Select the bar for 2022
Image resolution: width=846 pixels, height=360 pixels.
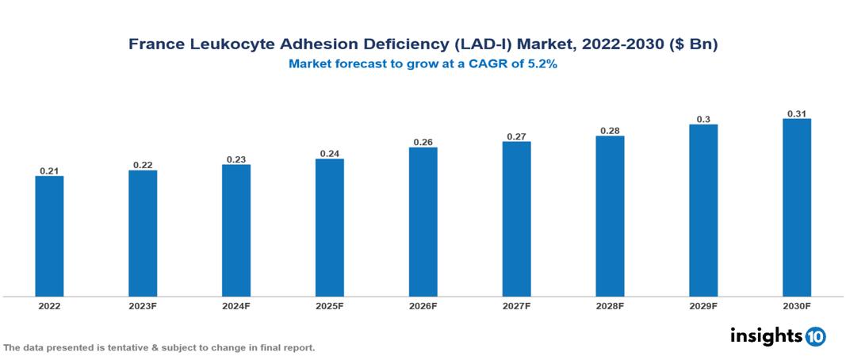point(49,236)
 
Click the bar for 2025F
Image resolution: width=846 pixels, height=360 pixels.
point(329,228)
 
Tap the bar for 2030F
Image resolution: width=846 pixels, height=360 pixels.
point(797,208)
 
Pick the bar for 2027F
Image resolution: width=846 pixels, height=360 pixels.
point(516,219)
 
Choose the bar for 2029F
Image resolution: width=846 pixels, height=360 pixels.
point(703,210)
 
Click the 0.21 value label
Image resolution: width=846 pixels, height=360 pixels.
point(49,170)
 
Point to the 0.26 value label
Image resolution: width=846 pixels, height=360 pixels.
point(423,142)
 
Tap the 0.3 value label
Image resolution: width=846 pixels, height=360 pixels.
point(703,119)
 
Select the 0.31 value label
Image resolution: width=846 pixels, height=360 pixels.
point(797,113)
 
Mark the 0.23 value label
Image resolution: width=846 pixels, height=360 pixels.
point(235,159)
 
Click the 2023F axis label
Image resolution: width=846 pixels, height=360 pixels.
point(143,305)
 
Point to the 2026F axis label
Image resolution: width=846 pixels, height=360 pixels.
point(423,305)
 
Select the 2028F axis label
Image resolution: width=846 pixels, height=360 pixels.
point(610,305)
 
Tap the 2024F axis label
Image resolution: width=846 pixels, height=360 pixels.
point(235,305)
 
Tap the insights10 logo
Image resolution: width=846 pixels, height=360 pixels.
point(777,335)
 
